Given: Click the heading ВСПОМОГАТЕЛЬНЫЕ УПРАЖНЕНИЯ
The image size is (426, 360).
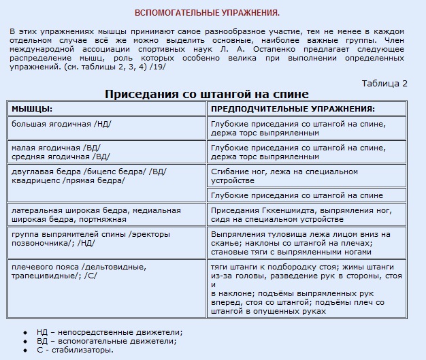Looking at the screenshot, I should pyautogui.click(x=207, y=13).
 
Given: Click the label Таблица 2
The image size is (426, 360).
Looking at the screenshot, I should pyautogui.click(x=384, y=83).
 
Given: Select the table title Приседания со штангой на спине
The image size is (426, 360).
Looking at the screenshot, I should pyautogui.click(x=207, y=94).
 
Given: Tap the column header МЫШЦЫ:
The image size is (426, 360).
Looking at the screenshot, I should pyautogui.click(x=32, y=109).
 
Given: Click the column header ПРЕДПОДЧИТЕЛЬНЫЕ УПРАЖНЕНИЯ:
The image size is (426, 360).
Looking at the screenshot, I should pyautogui.click(x=293, y=109).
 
